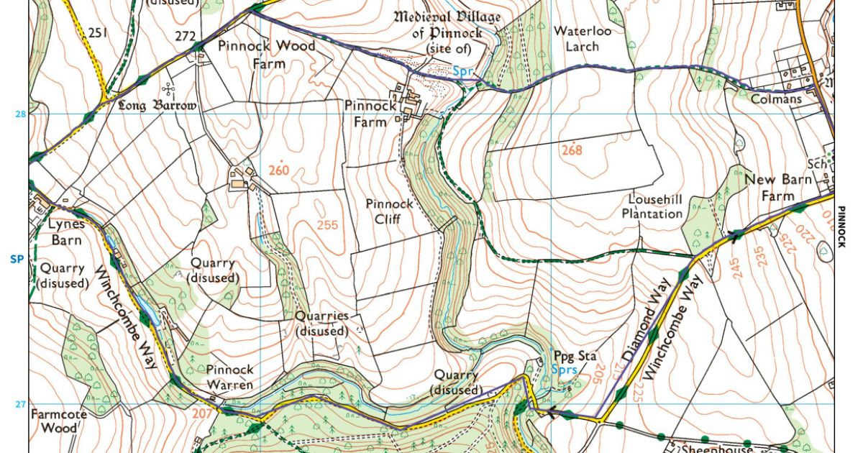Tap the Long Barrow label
tap(157, 105)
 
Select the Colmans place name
tap(776, 99)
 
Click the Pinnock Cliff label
tap(389, 211)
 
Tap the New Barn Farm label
tap(769, 187)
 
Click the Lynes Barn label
tap(66, 232)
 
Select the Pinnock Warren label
tap(229, 377)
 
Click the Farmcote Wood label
tap(54, 422)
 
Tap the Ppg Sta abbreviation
tap(575, 356)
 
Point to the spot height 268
tap(571, 150)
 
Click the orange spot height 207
tap(202, 413)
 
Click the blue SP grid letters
tap(17, 258)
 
